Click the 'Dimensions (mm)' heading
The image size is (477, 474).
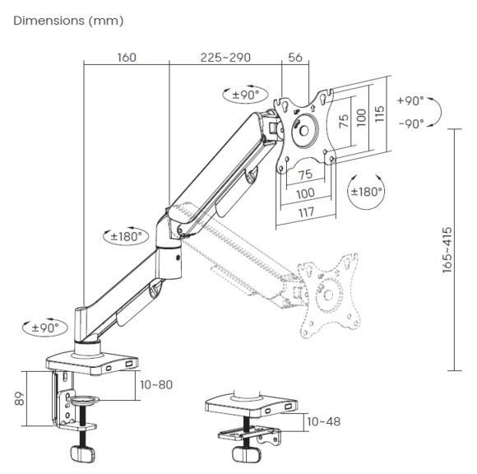68,21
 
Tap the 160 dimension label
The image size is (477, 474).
127,58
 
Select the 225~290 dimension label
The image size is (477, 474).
225,58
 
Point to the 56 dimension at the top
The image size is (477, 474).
295,58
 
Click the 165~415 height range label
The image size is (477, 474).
447,250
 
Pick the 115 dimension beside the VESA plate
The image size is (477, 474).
379,114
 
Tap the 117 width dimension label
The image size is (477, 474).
306,212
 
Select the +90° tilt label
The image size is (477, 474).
410,100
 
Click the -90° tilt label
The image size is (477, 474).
411,123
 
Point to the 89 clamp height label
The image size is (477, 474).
20,398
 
